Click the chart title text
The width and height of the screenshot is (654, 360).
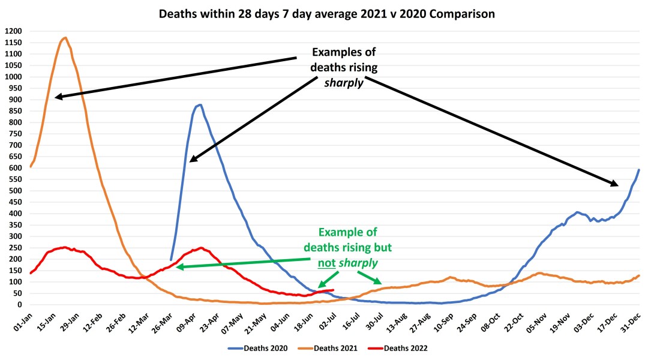click(x=326, y=14)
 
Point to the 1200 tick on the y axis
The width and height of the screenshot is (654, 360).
click(x=13, y=31)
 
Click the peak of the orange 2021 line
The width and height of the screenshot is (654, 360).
click(x=65, y=38)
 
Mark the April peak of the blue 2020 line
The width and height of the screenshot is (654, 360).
click(x=200, y=105)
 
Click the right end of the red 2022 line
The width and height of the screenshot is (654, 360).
click(x=333, y=290)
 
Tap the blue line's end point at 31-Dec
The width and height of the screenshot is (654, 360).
click(x=639, y=170)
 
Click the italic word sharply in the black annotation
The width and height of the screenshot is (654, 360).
click(x=344, y=83)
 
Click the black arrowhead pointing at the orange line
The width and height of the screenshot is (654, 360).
click(x=58, y=96)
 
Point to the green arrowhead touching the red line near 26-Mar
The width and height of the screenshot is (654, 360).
click(x=179, y=267)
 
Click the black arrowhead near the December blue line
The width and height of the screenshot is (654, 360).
click(x=617, y=184)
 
